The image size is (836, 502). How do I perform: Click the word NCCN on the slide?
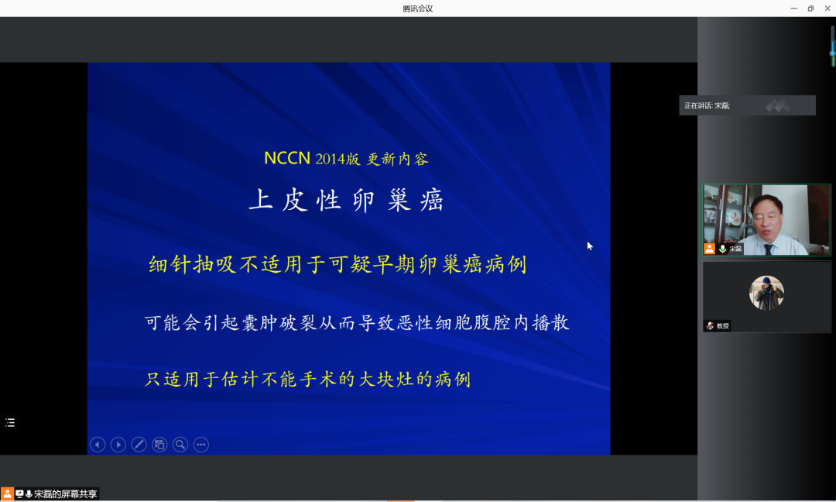(x=287, y=159)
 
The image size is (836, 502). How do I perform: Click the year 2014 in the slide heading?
(x=330, y=159)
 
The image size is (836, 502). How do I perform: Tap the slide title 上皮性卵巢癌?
(x=346, y=200)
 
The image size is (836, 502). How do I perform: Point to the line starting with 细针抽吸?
(x=337, y=265)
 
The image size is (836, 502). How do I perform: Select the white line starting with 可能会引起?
(x=357, y=323)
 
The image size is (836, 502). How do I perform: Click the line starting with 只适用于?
(x=307, y=380)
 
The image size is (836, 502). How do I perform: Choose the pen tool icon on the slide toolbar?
(x=139, y=445)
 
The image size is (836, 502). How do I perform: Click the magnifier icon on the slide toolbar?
(x=180, y=445)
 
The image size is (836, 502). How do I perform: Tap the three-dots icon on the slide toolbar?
(x=201, y=445)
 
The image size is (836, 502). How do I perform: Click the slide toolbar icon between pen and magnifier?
(x=159, y=445)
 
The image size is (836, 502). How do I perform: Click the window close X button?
(x=827, y=9)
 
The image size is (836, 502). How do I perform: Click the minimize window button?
(x=794, y=9)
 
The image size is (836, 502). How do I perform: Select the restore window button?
(x=810, y=9)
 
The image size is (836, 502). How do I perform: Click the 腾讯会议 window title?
(x=417, y=9)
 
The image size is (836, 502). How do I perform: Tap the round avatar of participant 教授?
(x=766, y=293)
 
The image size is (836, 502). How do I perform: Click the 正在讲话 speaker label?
(x=707, y=105)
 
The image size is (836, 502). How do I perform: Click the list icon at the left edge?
(x=10, y=423)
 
